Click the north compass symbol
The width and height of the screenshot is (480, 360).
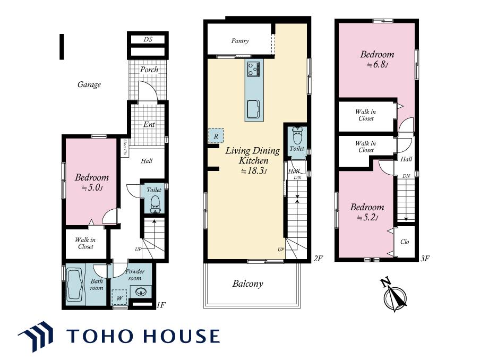pos(395,295)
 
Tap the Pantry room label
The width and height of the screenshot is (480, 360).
pos(240,41)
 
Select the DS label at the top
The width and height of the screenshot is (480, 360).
pos(148,39)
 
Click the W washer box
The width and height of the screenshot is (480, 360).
pos(119,297)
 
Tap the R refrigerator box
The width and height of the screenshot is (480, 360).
pos(216,135)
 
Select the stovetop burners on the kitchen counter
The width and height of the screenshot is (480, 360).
pos(254,69)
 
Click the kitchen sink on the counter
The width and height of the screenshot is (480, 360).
pos(254,109)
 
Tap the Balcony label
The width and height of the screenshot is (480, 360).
pos(247,284)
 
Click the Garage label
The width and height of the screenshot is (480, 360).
pos(89,84)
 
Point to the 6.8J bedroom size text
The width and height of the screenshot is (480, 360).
pos(378,65)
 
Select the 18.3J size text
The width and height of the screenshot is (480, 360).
pos(254,171)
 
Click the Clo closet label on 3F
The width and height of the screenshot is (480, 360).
pos(405,242)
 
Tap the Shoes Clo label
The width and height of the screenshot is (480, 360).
pos(125,147)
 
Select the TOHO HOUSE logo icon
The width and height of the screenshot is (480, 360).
pos(36,336)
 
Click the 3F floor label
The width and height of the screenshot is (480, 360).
pos(425,259)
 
